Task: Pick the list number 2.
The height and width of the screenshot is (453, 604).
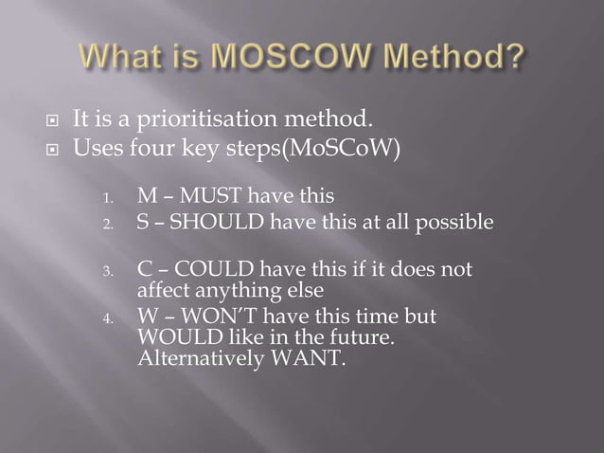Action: click(x=109, y=225)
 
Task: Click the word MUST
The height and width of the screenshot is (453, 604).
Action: click(x=206, y=197)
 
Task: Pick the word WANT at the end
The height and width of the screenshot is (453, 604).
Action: click(x=311, y=357)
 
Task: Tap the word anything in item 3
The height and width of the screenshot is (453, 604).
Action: click(x=232, y=290)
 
